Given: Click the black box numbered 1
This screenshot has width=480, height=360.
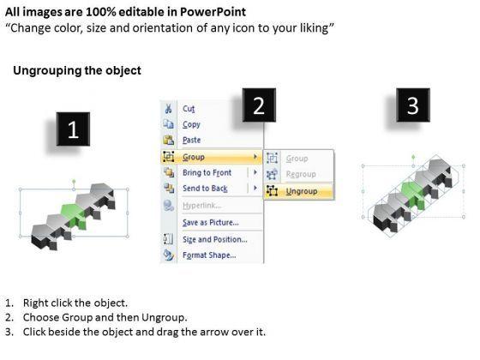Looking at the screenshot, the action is pos(73,129).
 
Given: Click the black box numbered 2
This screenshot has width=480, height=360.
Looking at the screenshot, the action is pos(259,105).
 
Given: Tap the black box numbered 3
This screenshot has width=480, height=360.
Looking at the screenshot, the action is pos(413,105).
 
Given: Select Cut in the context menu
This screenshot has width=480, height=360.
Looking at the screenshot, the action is pos(189,109).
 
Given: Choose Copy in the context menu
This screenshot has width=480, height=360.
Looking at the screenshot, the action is pos(191,124).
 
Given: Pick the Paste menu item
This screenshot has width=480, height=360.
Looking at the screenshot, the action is pos(192,141).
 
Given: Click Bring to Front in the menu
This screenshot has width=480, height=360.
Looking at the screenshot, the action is pos(207,172).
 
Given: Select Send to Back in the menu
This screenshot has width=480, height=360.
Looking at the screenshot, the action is pos(205,189).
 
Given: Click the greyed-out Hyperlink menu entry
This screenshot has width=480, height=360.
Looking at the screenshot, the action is pos(202,206).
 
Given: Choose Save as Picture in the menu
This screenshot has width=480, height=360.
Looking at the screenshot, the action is pos(211,223).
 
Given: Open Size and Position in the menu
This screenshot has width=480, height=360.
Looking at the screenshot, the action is pos(215,239).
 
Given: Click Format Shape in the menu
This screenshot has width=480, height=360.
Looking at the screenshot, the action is pos(209,255).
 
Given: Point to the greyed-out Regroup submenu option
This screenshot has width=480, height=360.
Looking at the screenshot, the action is pos(301,174).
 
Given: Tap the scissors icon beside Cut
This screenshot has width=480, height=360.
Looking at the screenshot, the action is pos(168,109).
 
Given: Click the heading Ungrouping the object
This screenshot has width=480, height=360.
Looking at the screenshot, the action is pos(77,70).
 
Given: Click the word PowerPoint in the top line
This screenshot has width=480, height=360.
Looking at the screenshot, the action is pos(213,12).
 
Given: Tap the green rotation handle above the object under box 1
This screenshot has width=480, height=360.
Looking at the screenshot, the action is pos(74,182).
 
